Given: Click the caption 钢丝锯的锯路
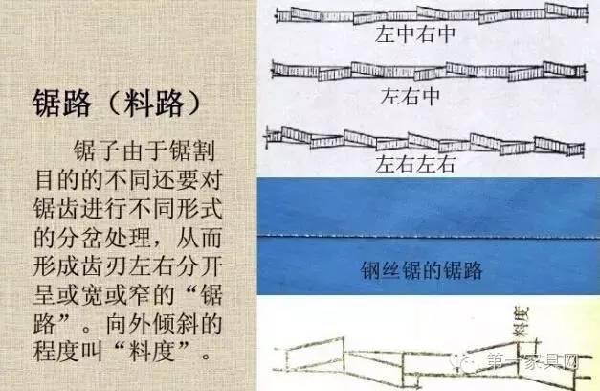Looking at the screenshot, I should (x=421, y=271).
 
